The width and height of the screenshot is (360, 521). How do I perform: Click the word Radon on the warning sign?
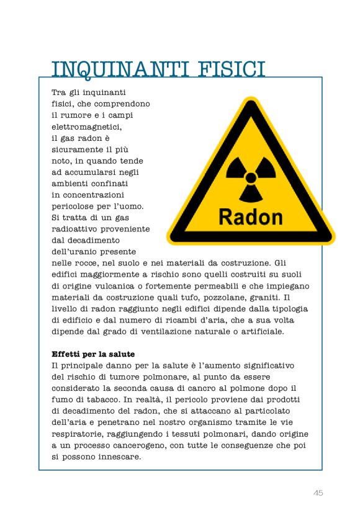[x=251, y=216]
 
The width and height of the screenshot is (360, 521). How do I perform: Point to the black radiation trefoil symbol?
[x=251, y=178]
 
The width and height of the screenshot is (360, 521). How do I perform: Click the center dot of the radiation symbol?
[x=251, y=178]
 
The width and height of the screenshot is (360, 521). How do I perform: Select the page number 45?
[x=318, y=492]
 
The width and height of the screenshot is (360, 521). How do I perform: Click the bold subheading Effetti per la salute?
[x=93, y=354]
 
